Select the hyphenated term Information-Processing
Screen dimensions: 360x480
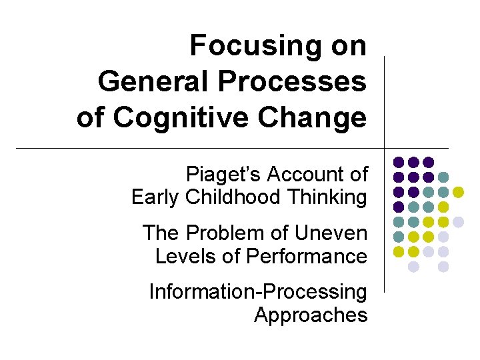point(258,292)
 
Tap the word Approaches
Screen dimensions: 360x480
point(311,315)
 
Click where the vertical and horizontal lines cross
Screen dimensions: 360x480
point(385,147)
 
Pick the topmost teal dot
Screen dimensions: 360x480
point(443,177)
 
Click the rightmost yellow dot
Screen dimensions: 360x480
point(458,192)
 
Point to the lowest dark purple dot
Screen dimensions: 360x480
point(398,207)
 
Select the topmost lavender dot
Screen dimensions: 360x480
point(458,222)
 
